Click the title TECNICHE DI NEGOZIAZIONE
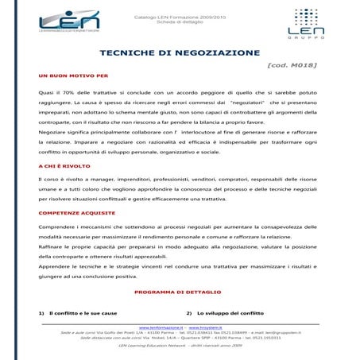click(x=180, y=52)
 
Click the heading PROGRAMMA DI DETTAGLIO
click(x=179, y=292)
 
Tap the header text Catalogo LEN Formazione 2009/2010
click(x=180, y=14)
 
